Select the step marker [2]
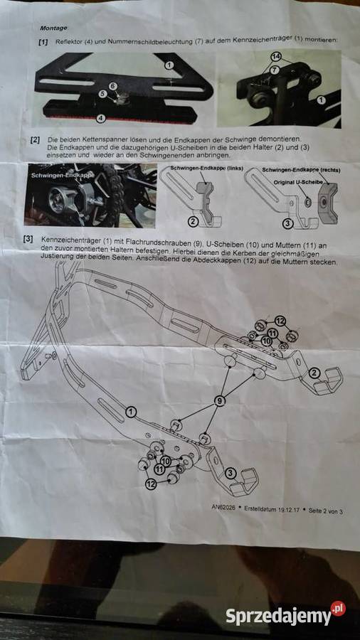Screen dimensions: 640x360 [35, 139]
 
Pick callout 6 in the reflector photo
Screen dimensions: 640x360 [112, 85]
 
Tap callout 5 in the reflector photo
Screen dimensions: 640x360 [102, 93]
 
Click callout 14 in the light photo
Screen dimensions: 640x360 [276, 55]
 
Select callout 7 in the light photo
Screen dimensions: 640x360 [274, 70]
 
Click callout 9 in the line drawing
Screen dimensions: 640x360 [219, 402]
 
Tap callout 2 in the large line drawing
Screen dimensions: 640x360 [314, 372]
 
